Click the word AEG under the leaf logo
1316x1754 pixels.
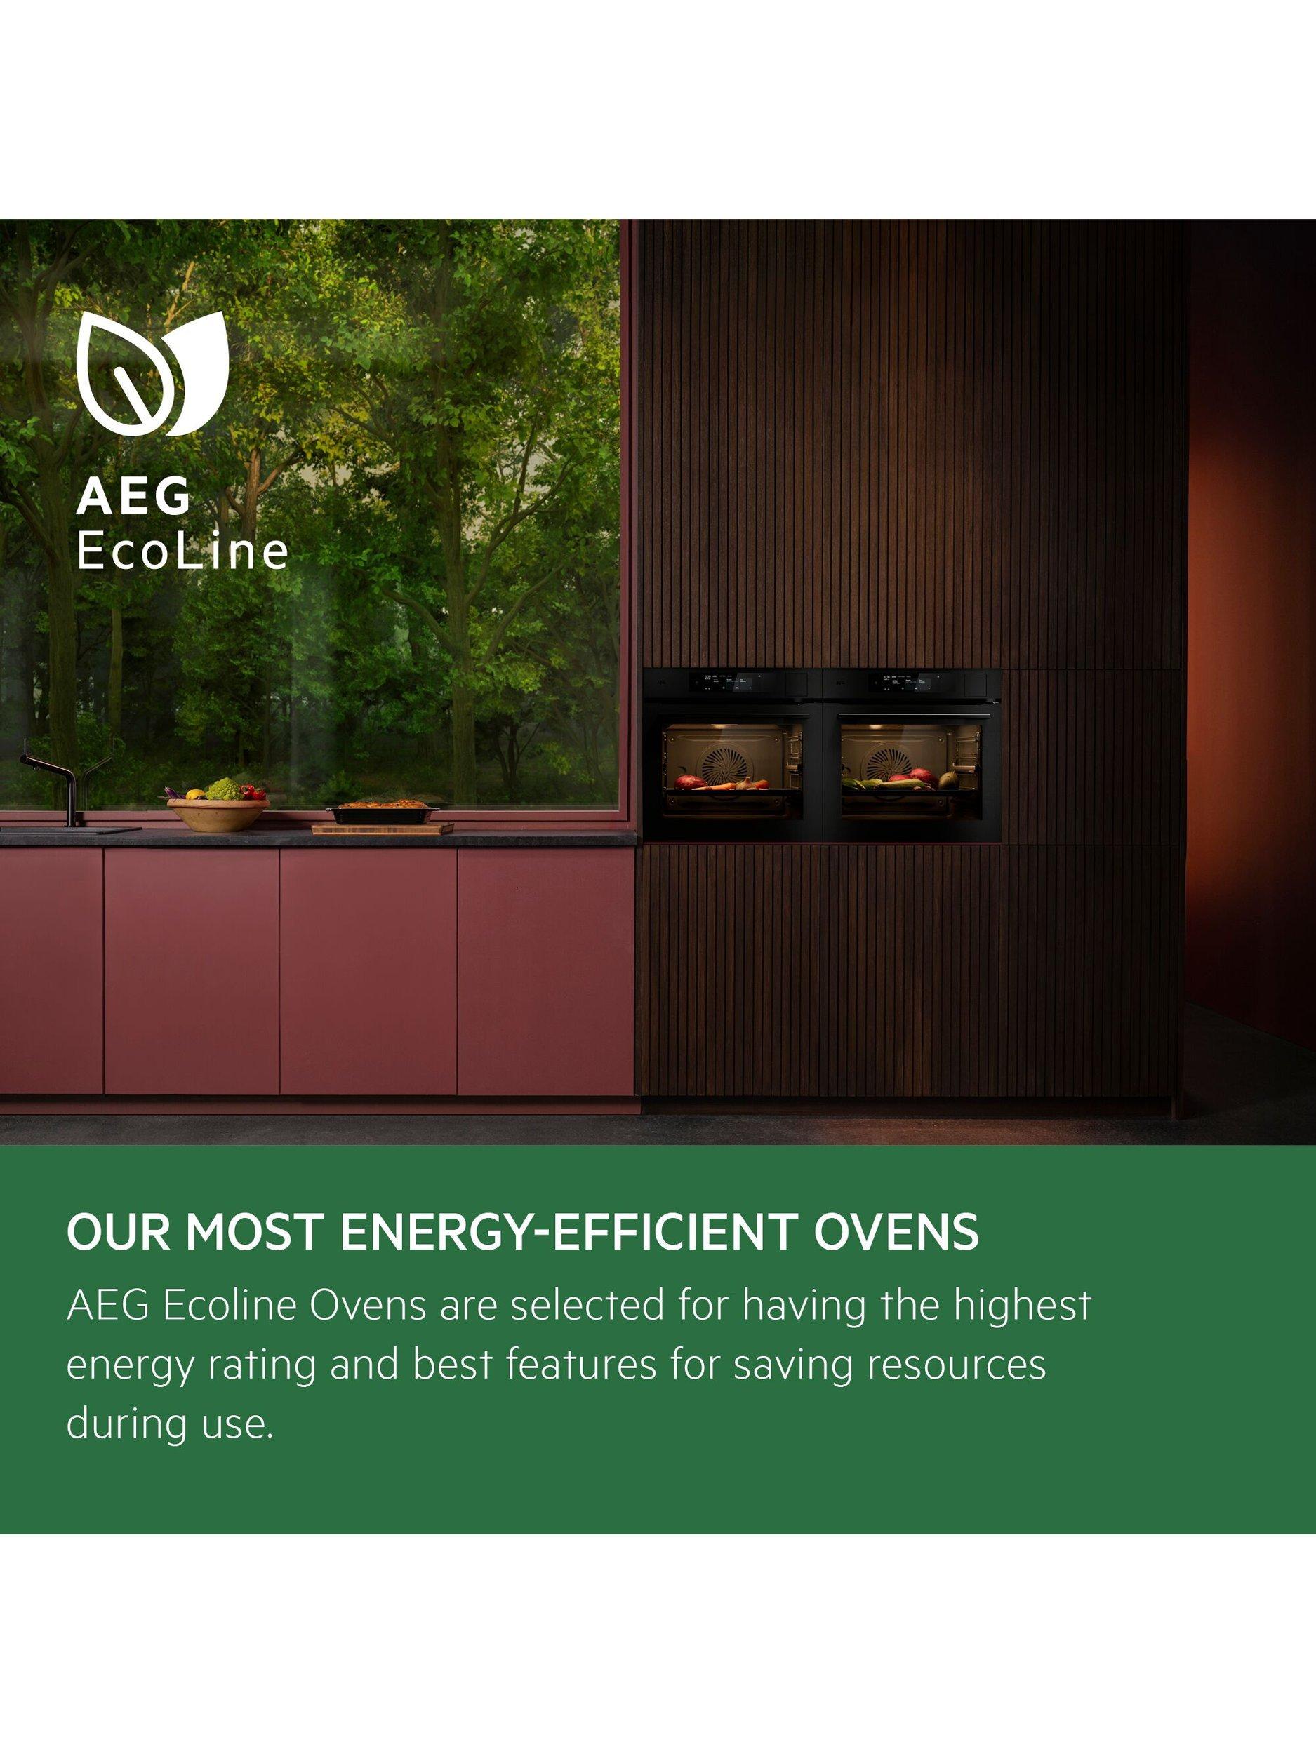(x=134, y=498)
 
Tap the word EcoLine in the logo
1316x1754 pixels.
(x=182, y=553)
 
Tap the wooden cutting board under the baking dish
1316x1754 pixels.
(x=383, y=829)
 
